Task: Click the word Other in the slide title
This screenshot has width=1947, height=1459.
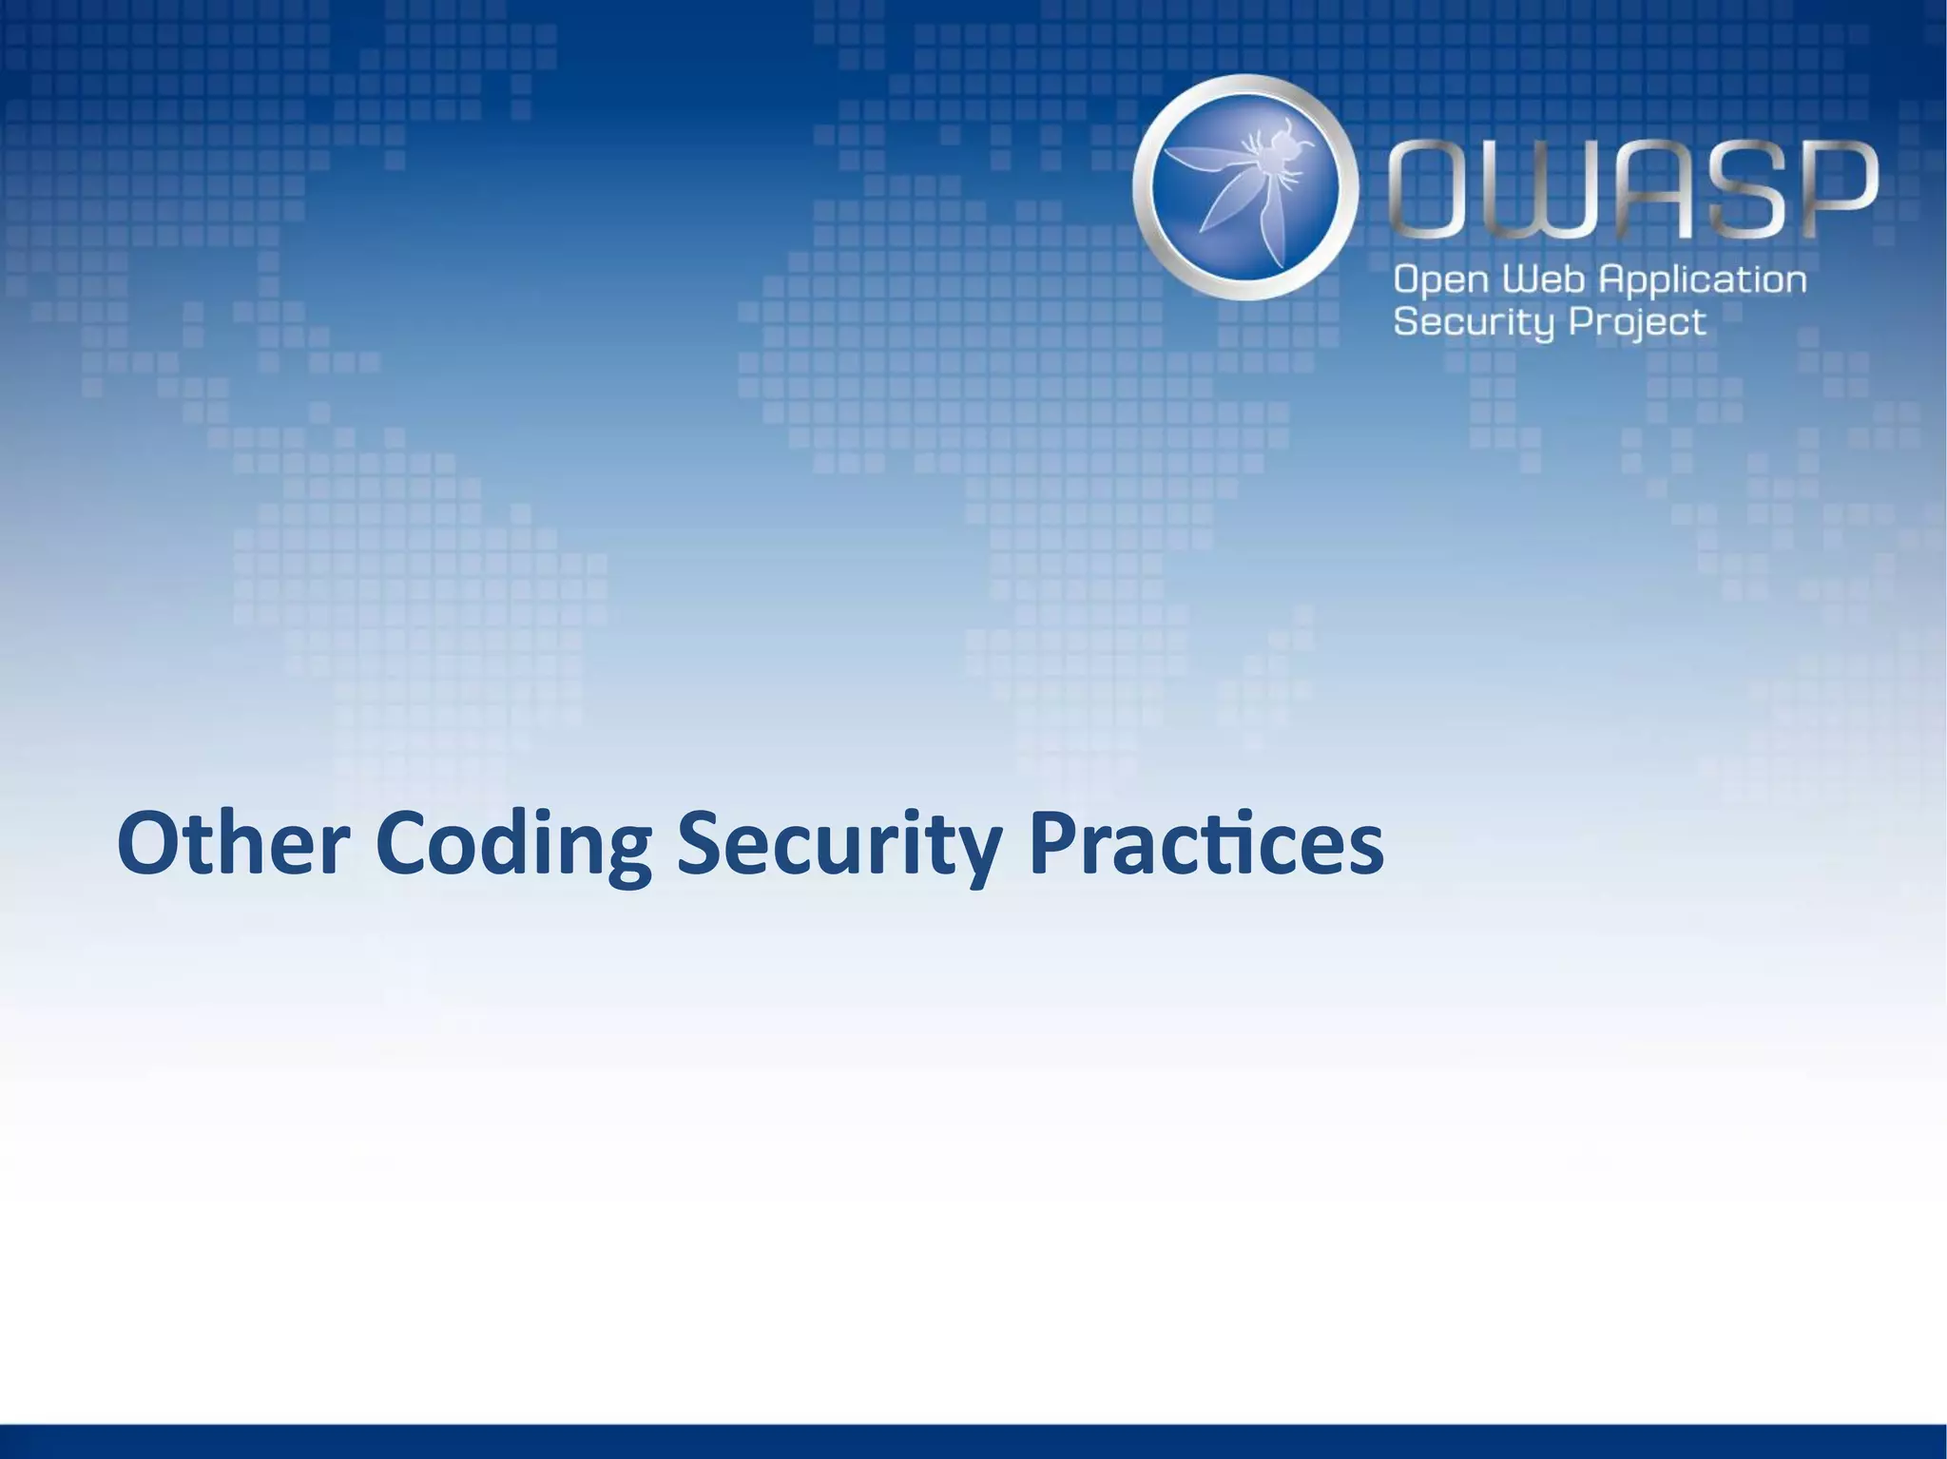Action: (234, 844)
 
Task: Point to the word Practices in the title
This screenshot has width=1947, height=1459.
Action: (1205, 844)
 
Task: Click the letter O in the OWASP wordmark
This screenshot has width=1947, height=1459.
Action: (1436, 190)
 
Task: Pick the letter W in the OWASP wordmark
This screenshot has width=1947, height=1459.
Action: (1534, 190)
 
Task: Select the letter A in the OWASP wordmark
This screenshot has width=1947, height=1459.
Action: (1634, 190)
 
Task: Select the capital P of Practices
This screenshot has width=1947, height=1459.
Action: (1054, 844)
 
